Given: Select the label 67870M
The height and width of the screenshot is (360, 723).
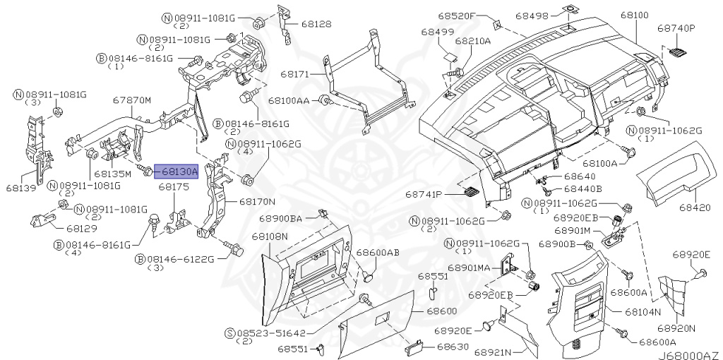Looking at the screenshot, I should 133,100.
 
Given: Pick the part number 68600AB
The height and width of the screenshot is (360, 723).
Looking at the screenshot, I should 378,252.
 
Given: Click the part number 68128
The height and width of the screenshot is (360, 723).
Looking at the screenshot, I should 315,24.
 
